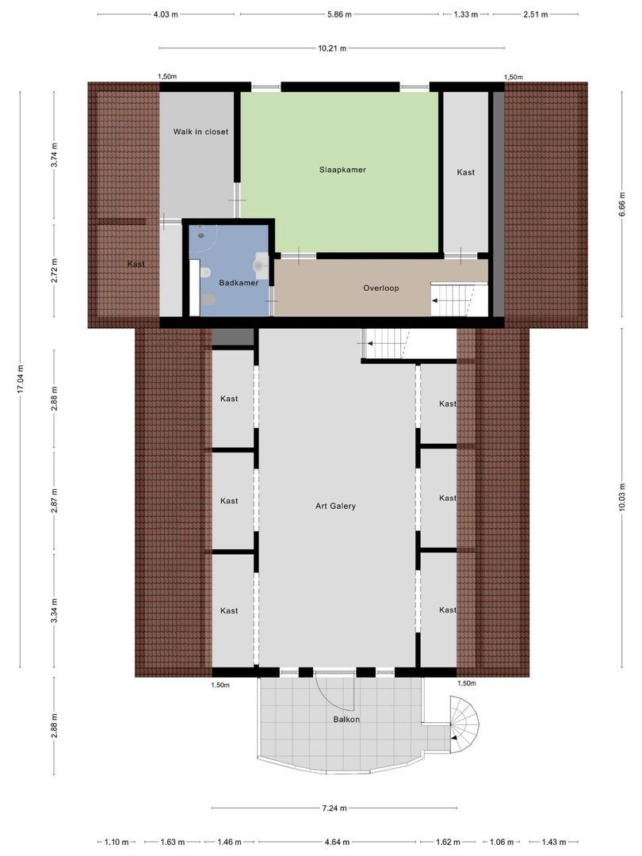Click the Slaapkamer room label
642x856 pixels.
click(x=342, y=170)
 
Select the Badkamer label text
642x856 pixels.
click(x=239, y=282)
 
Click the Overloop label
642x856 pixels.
click(x=380, y=288)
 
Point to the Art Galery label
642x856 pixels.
click(x=335, y=506)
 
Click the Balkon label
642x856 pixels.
click(x=346, y=720)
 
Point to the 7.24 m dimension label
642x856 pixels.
click(x=334, y=808)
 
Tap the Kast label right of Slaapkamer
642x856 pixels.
click(x=465, y=172)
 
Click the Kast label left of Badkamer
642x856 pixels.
click(x=136, y=264)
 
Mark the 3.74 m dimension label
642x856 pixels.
click(x=54, y=154)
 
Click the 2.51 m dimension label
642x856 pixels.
click(x=535, y=14)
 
